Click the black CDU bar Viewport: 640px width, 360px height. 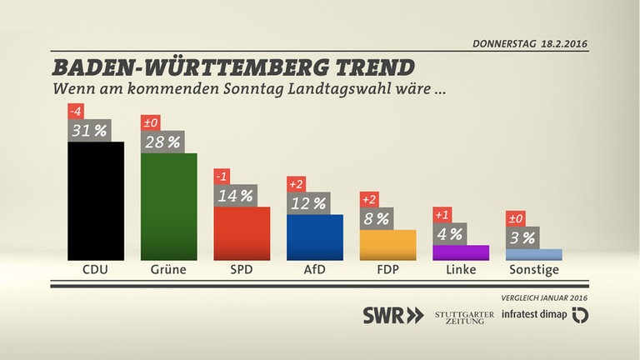click(x=96, y=200)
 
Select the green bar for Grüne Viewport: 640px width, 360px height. click(x=169, y=206)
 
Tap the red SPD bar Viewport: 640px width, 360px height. click(x=242, y=233)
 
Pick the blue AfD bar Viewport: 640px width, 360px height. click(x=314, y=237)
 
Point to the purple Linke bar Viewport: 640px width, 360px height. click(x=461, y=252)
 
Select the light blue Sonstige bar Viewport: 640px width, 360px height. click(x=534, y=255)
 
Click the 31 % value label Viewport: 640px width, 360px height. click(x=88, y=130)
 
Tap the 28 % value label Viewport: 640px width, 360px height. click(x=162, y=142)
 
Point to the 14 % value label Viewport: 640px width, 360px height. click(x=235, y=196)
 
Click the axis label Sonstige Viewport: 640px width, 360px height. click(x=534, y=270)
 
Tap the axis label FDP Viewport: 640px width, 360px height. click(x=387, y=270)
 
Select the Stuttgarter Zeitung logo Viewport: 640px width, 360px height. click(x=464, y=316)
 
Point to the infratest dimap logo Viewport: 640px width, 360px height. click(x=546, y=316)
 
